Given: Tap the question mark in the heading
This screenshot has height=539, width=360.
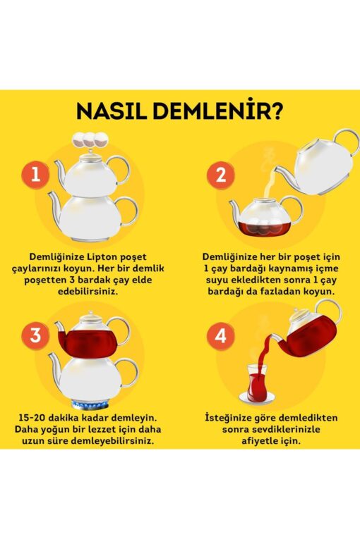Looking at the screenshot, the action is point(275,111).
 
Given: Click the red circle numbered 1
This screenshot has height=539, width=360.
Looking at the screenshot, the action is point(36,175).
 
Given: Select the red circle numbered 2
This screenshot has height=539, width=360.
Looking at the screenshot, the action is point(221,175).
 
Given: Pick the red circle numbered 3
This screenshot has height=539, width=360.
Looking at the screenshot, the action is point(36,335).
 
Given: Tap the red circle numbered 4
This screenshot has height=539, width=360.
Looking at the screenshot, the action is point(221,335).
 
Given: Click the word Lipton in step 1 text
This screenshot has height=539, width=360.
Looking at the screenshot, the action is point(102,257).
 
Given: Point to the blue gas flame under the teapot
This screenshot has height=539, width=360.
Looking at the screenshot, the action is point(90,404).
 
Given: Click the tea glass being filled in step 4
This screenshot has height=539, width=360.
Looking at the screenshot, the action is point(256,383).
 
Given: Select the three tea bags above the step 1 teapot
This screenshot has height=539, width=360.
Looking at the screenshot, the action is point(90,140).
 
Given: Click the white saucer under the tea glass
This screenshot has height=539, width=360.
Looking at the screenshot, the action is point(257,399).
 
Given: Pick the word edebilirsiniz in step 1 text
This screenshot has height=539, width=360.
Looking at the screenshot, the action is point(88,292).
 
